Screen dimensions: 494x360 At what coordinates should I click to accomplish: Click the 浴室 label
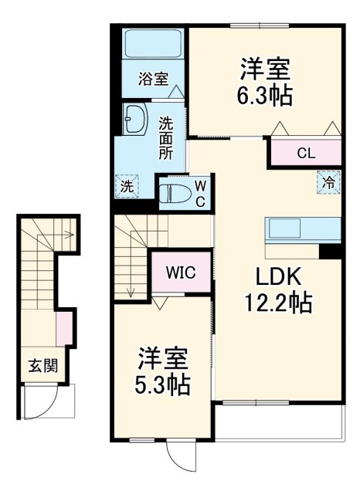click(153, 78)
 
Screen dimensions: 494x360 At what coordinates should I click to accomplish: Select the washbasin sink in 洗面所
click(132, 120)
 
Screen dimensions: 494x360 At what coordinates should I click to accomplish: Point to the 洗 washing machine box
click(126, 185)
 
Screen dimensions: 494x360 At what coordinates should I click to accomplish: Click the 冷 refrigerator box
click(328, 183)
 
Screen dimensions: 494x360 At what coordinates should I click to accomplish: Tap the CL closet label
click(306, 153)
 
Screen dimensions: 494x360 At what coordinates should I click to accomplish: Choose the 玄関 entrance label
click(42, 366)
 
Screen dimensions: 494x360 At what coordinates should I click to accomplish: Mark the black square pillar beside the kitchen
click(330, 252)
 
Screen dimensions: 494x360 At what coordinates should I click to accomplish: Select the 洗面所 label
click(166, 137)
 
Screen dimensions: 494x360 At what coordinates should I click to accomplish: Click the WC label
click(199, 192)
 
